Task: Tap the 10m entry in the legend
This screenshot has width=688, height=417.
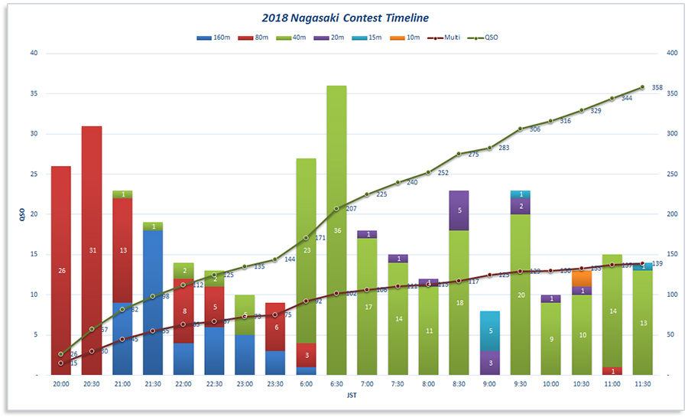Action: (x=408, y=37)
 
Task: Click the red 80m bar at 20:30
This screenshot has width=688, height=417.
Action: (x=92, y=250)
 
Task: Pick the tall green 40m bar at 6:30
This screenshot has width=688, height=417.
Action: (x=336, y=230)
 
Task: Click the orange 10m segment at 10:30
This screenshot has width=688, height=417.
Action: (x=581, y=279)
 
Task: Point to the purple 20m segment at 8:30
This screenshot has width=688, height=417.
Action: (x=459, y=210)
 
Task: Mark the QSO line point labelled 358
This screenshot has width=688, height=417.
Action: (x=642, y=87)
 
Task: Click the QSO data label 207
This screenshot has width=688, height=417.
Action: (x=351, y=209)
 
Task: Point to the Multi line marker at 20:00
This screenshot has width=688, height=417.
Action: (x=61, y=363)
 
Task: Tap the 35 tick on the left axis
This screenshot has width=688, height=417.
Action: (x=33, y=93)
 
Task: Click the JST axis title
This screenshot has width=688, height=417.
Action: (x=351, y=396)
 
